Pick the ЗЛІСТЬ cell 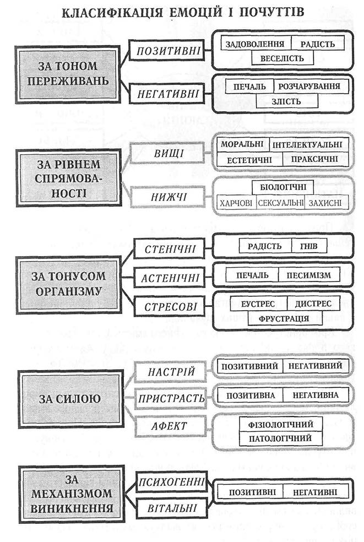286,101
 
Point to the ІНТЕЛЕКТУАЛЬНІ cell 306,144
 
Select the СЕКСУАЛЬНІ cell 280,203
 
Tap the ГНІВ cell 309,246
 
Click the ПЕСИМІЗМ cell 309,274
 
